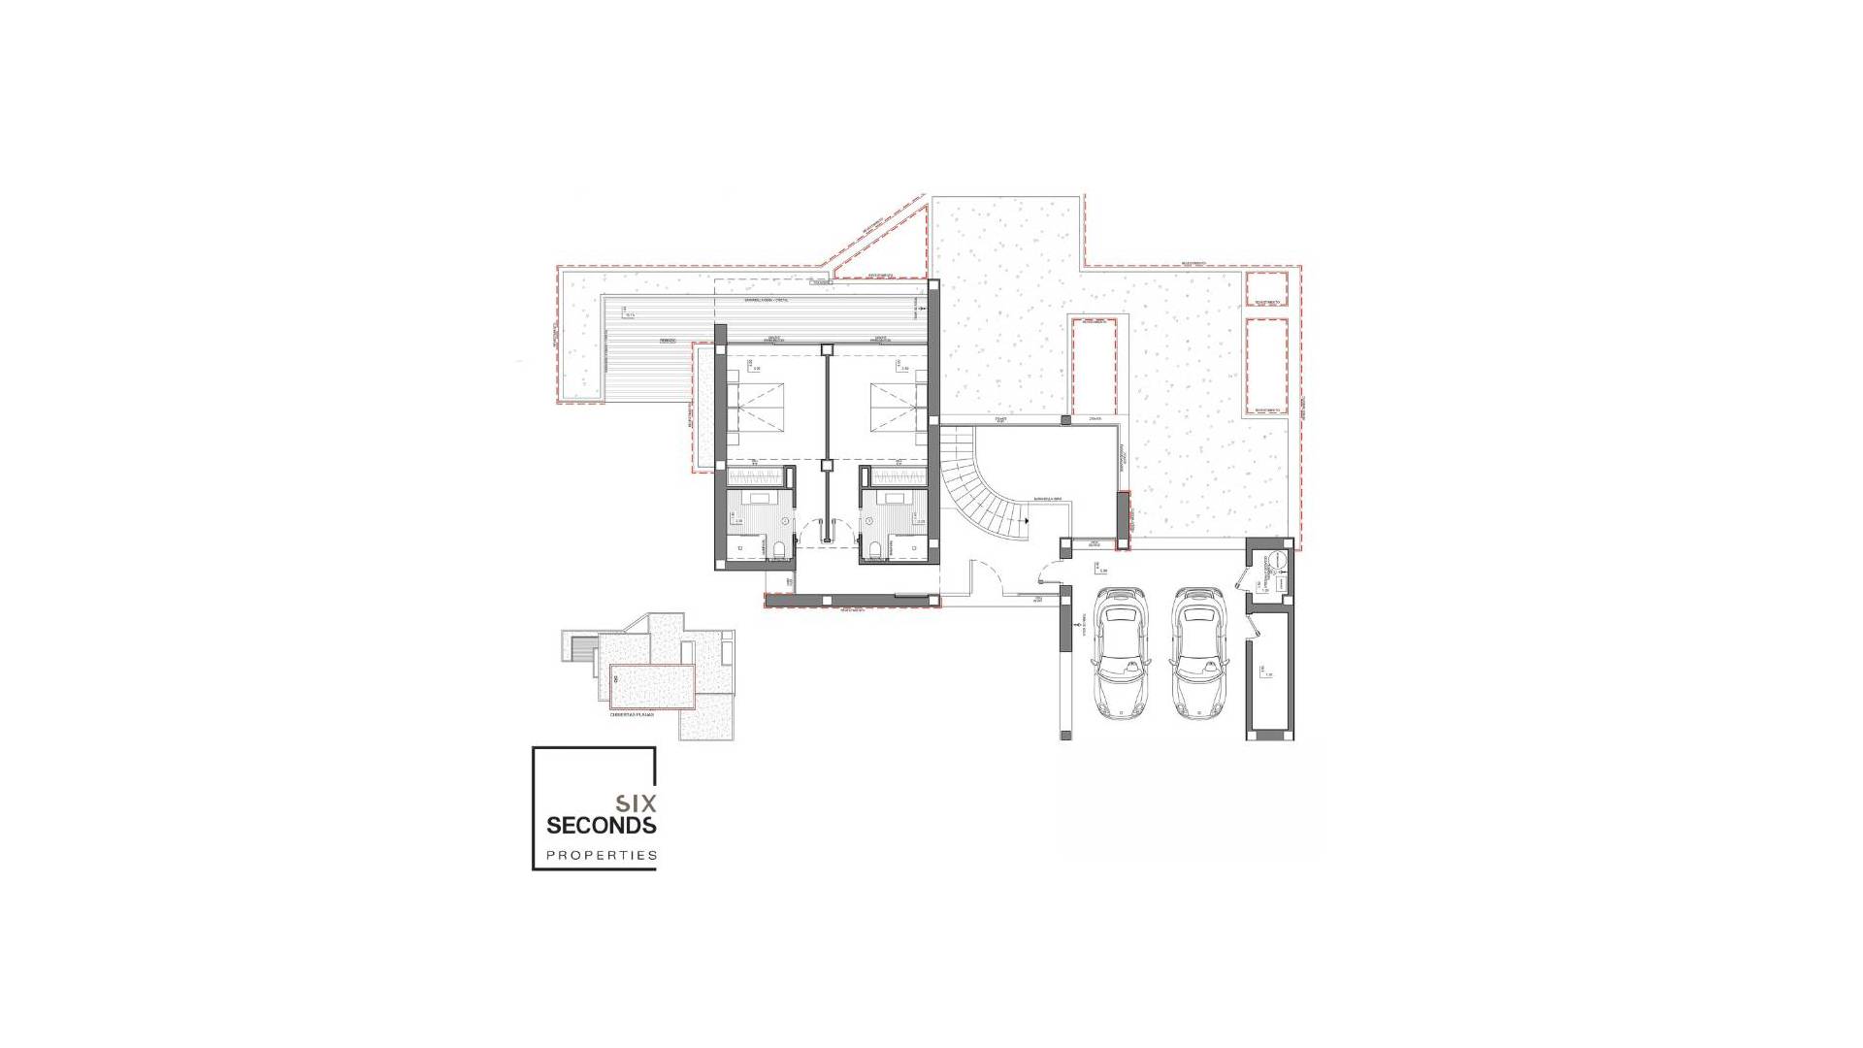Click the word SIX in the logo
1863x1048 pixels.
(637, 803)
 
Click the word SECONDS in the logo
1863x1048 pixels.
(602, 826)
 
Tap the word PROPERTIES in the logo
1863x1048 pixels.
(602, 856)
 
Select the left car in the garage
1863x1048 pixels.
(1121, 652)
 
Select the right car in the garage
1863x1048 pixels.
(1195, 652)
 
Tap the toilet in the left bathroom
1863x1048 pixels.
(779, 550)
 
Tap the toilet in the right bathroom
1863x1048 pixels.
(875, 550)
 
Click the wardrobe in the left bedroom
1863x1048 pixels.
(756, 476)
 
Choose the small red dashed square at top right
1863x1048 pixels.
(1266, 289)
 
